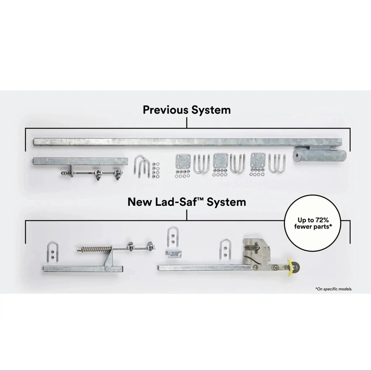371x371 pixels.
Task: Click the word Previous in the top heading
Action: pyautogui.click(x=165, y=110)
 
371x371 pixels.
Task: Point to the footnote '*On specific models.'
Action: pyautogui.click(x=334, y=289)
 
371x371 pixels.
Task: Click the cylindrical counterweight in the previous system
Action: pyautogui.click(x=319, y=155)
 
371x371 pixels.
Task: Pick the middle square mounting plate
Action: pyautogui.click(x=221, y=161)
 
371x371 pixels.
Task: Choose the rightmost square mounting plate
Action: pyautogui.click(x=258, y=160)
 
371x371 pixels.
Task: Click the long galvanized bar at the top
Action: pyautogui.click(x=188, y=142)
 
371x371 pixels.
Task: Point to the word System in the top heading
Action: pyautogui.click(x=211, y=110)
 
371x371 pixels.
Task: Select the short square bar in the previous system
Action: pyautogui.click(x=80, y=161)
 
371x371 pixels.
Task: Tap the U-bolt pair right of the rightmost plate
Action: pyautogui.click(x=277, y=163)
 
